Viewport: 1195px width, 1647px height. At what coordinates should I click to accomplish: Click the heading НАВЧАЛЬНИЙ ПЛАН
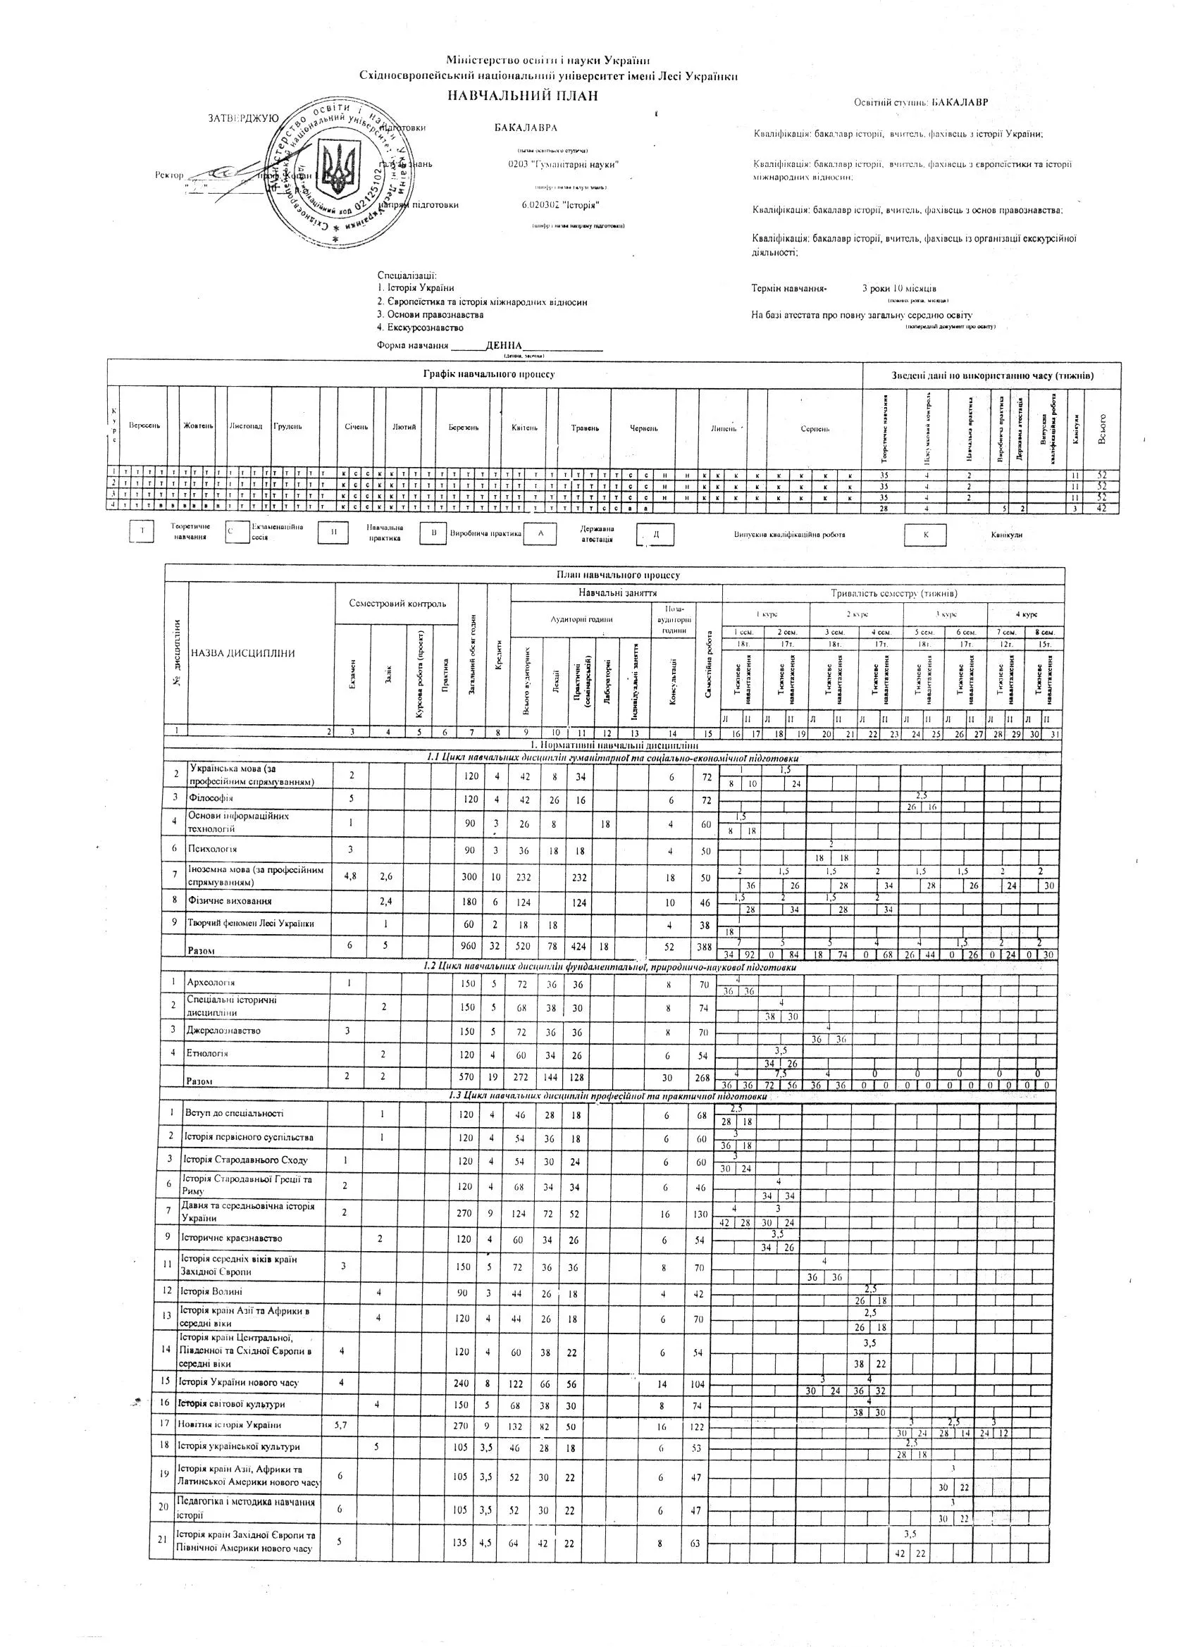point(521,95)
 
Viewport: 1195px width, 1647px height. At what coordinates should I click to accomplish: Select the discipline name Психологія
point(212,848)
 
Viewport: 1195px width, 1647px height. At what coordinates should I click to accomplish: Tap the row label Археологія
point(211,982)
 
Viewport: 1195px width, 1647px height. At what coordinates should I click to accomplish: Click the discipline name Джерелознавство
point(223,1030)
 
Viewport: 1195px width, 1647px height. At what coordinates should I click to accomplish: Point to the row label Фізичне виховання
point(230,900)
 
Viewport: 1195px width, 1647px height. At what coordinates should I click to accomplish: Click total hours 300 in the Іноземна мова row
point(469,876)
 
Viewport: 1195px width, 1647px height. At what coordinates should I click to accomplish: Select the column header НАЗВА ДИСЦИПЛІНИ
point(242,653)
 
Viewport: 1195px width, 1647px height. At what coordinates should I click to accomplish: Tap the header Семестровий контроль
point(397,604)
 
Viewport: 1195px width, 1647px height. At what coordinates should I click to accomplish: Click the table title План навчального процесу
point(617,574)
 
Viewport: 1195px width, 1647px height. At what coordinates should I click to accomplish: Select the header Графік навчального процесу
point(488,374)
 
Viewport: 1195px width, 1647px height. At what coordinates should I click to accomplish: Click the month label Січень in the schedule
point(356,427)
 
